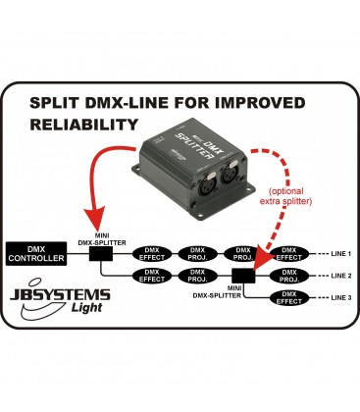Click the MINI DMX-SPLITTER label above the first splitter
click(99, 234)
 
